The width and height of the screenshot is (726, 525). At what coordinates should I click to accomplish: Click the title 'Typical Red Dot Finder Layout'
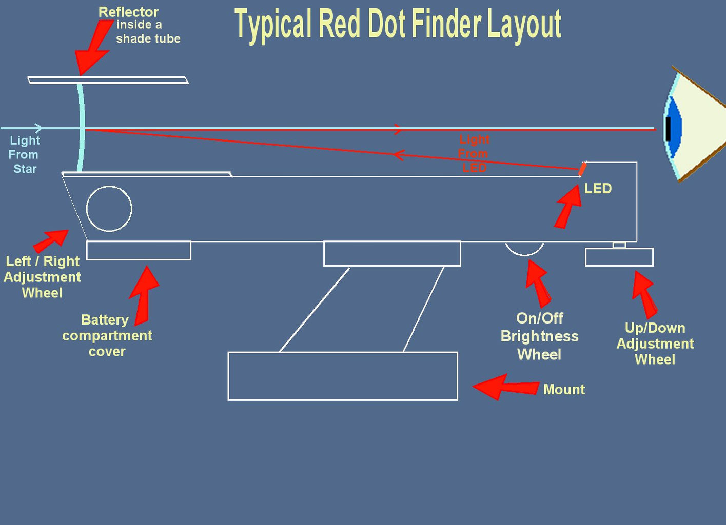(398, 24)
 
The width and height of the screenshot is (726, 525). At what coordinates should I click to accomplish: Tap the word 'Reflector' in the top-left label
(128, 12)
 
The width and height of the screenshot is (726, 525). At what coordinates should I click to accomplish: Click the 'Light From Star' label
(24, 154)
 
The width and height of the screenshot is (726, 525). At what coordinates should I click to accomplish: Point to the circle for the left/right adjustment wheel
(109, 209)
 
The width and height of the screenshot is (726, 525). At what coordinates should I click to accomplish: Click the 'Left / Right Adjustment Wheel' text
(42, 277)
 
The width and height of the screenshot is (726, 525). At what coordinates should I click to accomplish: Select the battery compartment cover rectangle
(139, 251)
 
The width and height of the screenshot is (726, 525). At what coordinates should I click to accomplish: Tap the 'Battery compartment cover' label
(107, 335)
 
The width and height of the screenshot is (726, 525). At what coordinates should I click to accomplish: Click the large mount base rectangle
(342, 376)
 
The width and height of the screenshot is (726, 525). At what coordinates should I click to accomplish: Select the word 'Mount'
(564, 390)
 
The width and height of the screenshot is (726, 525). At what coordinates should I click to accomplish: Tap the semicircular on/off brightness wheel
(524, 248)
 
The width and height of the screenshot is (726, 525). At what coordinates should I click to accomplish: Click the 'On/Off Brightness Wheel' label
(539, 336)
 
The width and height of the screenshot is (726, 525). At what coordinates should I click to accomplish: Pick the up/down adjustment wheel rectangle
(619, 257)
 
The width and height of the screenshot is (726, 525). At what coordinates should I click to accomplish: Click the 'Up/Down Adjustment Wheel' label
(655, 344)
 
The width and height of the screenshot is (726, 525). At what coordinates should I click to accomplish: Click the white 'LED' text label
(598, 189)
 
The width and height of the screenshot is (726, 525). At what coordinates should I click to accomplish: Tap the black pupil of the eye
(668, 128)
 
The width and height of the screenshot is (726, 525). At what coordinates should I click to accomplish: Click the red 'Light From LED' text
(474, 153)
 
